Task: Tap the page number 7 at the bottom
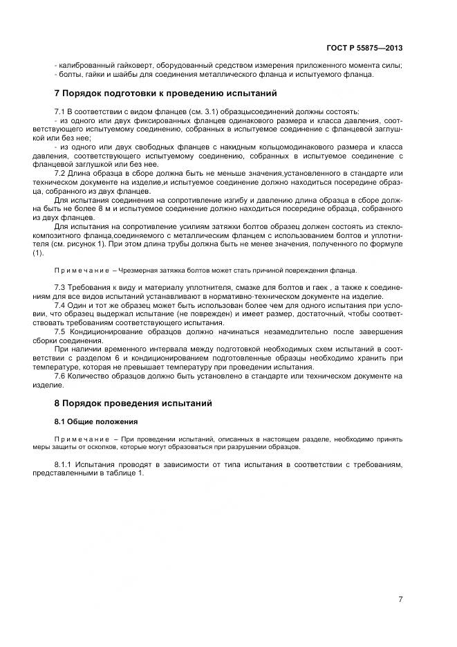(400, 599)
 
